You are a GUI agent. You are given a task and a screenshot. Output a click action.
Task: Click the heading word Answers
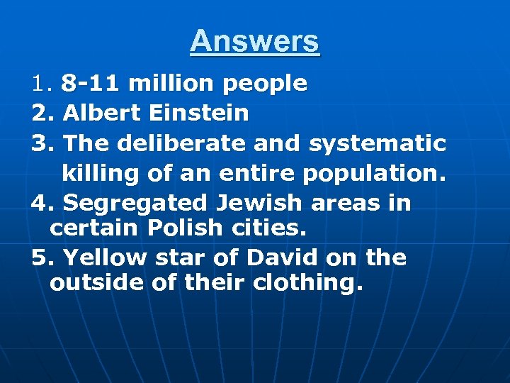pyautogui.click(x=255, y=41)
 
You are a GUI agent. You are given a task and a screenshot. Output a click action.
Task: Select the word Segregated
pyautogui.click(x=135, y=204)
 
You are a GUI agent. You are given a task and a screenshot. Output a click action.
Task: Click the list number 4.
pyautogui.click(x=40, y=203)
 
